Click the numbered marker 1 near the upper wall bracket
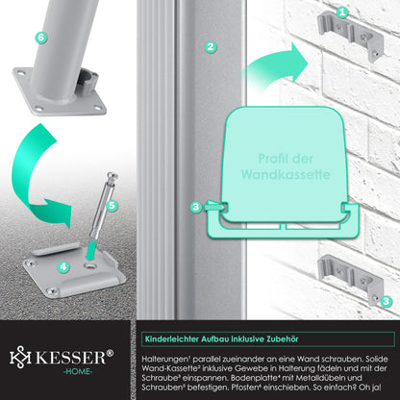(x=342, y=12)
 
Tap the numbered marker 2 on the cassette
(x=211, y=47)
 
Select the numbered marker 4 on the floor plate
(x=63, y=266)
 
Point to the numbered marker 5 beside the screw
(x=112, y=206)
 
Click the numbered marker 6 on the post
(x=40, y=37)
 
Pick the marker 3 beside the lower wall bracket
(x=386, y=301)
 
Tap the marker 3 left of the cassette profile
(x=196, y=207)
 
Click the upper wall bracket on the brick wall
(x=350, y=36)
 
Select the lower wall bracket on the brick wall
(x=350, y=280)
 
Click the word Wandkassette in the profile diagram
(x=286, y=175)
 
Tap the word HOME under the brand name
(x=78, y=372)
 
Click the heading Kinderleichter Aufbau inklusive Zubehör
(x=221, y=339)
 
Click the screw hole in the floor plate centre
(x=89, y=265)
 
